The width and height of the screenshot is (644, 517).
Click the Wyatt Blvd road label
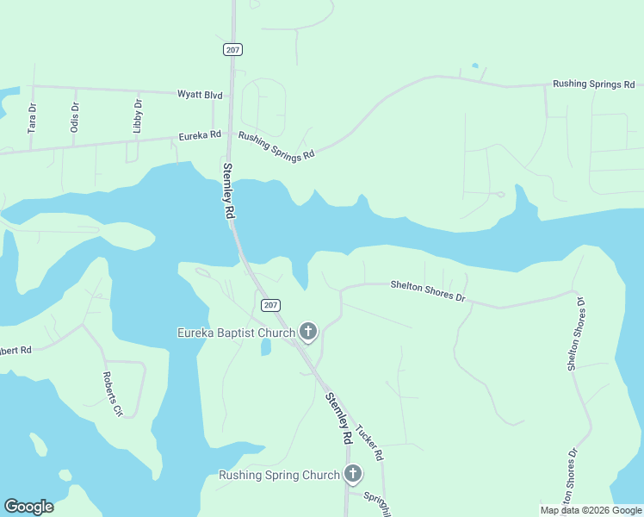[x=200, y=94]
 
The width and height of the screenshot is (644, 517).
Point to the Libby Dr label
[x=138, y=115]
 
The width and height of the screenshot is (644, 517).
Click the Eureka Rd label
[x=200, y=135]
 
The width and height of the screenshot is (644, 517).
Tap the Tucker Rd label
[x=368, y=441]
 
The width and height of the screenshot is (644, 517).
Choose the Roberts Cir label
[x=113, y=394]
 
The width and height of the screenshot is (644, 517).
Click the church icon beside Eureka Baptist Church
[x=308, y=332]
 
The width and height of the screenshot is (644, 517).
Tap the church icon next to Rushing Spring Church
[x=352, y=474]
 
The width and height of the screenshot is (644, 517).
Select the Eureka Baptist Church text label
[x=235, y=333]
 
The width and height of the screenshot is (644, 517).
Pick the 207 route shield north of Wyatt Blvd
[x=232, y=50]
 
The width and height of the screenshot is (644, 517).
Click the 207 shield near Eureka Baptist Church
[x=270, y=305]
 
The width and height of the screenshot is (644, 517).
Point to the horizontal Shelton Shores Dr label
[x=428, y=291]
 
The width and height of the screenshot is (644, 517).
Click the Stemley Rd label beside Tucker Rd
[x=338, y=419]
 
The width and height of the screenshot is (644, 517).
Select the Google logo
[x=28, y=507]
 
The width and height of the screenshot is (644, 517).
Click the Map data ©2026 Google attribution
[x=590, y=510]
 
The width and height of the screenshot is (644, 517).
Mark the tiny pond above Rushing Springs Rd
[x=474, y=65]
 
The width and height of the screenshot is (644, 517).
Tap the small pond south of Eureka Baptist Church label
[x=266, y=346]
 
